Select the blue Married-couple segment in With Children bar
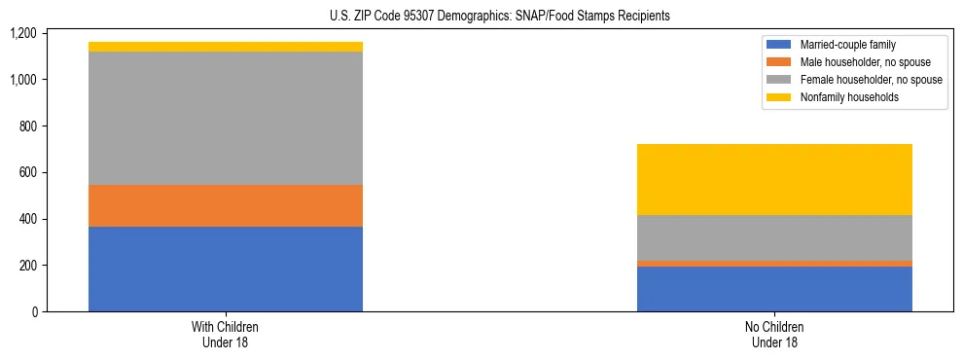click(226, 269)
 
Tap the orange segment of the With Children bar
click(226, 205)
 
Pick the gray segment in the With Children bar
click(226, 118)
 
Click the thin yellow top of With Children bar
click(226, 47)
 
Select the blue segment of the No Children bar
click(774, 289)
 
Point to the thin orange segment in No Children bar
click(774, 264)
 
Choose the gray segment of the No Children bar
click(774, 237)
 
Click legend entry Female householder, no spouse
click(871, 80)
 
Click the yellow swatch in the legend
click(779, 97)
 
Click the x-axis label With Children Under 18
click(226, 334)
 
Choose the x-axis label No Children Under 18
click(774, 334)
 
